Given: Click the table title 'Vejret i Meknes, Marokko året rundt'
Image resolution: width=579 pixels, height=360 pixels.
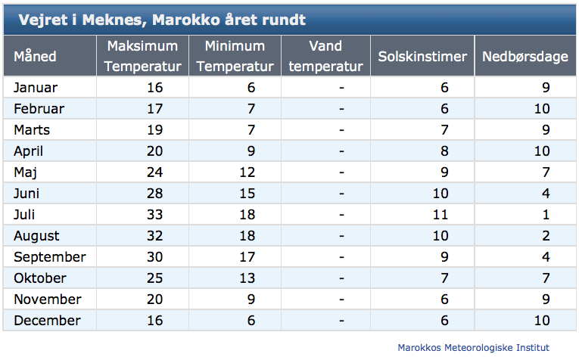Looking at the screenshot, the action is pos(162,20).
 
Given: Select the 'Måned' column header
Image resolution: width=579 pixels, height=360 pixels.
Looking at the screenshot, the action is pos(35,57).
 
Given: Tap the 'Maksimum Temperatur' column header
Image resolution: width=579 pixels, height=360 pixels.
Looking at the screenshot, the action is pos(142,56).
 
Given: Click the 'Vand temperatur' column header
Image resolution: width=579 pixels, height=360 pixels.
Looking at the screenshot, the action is pos(325,56).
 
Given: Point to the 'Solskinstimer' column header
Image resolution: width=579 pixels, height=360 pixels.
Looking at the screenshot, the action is pos(422,57).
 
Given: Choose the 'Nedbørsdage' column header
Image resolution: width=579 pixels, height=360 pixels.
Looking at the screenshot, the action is pos(525,57).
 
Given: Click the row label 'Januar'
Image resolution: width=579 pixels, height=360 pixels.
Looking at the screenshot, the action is pos(36,88).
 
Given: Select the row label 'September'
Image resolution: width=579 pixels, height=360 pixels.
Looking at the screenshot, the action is pos(50,257).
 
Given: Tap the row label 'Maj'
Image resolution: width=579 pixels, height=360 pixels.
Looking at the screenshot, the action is pos(25,172).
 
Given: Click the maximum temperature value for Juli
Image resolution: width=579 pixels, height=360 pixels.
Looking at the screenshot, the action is pos(154,215).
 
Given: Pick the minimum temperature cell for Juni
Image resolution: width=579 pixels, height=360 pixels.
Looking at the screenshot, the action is pos(247,194).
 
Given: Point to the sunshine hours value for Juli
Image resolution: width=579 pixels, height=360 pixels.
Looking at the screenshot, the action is pos(440,215).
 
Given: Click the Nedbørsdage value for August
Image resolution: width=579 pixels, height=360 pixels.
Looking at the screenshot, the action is pos(546,236).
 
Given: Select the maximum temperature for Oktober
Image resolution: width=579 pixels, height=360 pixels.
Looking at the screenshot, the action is pos(154,278).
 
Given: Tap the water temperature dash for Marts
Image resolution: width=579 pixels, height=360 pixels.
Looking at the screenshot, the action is pos(341,130).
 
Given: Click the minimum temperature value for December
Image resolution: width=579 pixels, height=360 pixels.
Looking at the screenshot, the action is pos(251,321).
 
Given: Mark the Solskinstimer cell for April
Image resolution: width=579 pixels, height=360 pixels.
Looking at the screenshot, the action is pos(444,151).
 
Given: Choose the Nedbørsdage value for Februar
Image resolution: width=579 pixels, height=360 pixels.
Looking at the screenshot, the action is pos(542,109).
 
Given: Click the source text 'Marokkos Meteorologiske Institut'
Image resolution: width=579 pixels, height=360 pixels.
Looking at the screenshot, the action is pos(473,347).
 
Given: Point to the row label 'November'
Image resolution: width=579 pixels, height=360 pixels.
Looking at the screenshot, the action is pos(48,299).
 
